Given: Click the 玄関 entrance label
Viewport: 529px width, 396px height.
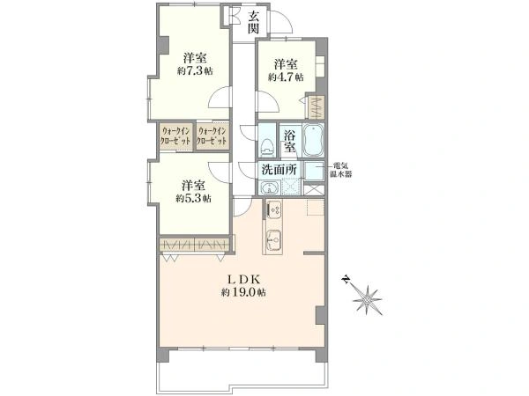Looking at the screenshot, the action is (x=254, y=22).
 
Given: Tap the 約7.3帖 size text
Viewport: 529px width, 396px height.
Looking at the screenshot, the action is (x=195, y=71).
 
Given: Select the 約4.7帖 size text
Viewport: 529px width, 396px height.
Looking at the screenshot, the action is (x=286, y=77).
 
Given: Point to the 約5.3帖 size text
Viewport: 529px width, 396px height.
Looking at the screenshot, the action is (x=193, y=199).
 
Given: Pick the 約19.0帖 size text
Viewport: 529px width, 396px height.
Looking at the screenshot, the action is (x=243, y=292).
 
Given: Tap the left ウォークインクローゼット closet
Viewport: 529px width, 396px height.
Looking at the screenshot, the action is (x=176, y=136).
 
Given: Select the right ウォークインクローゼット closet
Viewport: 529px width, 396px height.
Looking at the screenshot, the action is (x=212, y=136).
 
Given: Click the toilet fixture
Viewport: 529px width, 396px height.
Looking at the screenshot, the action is (x=267, y=147).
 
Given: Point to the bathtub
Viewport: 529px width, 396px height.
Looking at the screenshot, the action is (x=313, y=141).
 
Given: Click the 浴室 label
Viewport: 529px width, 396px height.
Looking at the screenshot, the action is (x=289, y=142).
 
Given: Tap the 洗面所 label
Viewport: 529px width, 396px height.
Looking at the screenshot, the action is (x=279, y=170).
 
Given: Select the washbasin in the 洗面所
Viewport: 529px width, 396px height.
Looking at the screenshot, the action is (x=269, y=187).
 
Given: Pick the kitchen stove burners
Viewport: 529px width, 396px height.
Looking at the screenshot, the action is (x=274, y=209).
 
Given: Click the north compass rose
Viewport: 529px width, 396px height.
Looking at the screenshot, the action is (x=365, y=297).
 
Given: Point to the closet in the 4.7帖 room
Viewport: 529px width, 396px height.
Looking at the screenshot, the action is (x=316, y=107).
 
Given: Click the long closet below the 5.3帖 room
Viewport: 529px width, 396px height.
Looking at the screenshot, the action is (x=195, y=245).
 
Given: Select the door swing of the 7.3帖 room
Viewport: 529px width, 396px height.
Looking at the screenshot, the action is (x=220, y=97).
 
